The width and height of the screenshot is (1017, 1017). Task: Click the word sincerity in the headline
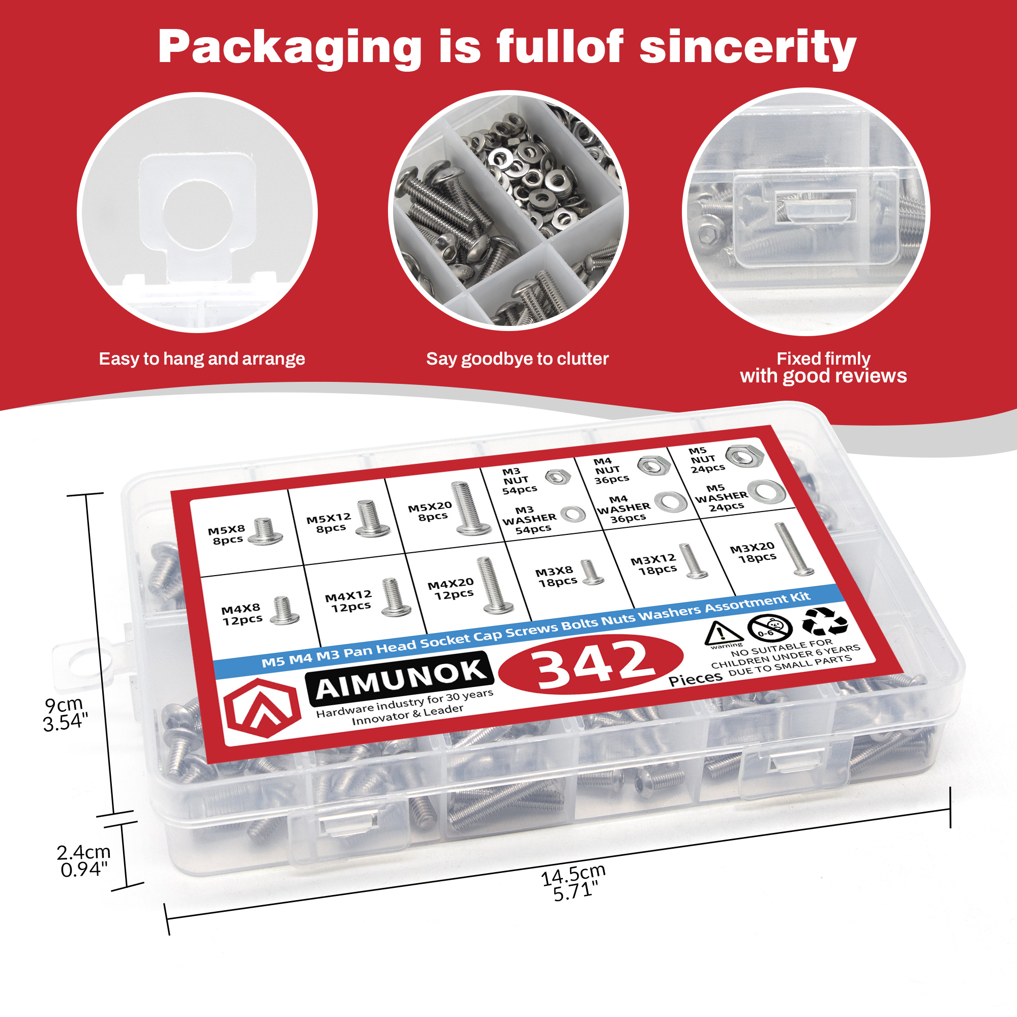747,48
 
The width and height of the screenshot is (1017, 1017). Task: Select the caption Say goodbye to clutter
517,359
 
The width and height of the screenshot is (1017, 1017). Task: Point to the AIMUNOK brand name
400,679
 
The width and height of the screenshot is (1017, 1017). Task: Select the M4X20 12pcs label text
452,588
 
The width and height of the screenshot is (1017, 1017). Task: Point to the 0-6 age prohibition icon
769,629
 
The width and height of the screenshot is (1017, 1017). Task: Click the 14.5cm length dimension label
574,883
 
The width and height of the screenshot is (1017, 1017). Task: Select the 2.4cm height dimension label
84,860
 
